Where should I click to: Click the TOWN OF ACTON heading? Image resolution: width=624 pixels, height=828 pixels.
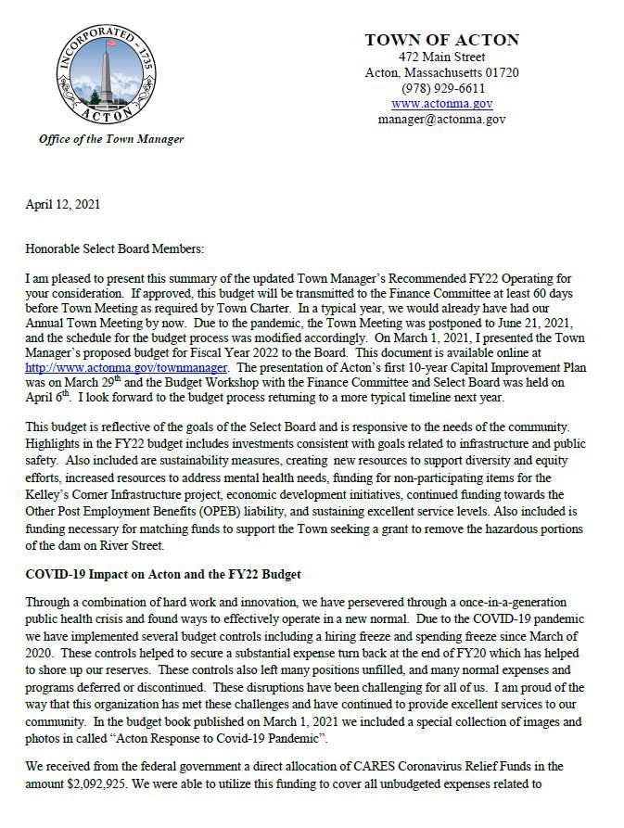click(441, 40)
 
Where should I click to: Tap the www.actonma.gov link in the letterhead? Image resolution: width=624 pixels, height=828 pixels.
click(441, 104)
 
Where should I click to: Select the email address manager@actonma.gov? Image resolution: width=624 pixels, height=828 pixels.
click(441, 120)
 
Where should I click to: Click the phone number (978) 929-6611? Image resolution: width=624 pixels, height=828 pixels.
click(441, 88)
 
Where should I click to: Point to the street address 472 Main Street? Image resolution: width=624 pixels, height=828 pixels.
click(441, 57)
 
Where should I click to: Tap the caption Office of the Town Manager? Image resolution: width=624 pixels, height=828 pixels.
click(111, 139)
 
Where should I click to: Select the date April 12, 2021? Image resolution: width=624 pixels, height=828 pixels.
click(62, 204)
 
